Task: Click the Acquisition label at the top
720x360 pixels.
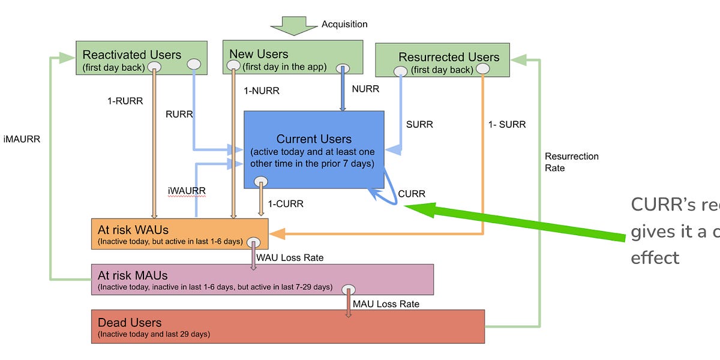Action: (344, 24)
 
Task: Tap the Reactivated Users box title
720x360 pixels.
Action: (131, 55)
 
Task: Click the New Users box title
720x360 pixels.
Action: (259, 55)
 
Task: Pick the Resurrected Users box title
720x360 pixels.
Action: (449, 57)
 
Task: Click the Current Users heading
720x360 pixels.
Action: (314, 139)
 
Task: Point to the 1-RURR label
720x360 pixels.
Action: (125, 101)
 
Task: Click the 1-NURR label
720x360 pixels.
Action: (261, 91)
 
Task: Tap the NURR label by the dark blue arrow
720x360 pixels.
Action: (365, 89)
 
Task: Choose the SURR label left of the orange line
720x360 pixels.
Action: (419, 125)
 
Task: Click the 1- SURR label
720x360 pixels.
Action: (508, 125)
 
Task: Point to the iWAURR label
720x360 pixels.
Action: (186, 191)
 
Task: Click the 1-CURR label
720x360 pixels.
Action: (286, 204)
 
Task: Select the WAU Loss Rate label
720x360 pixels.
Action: (290, 258)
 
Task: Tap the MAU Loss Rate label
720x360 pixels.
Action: (386, 304)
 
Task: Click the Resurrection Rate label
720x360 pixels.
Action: (571, 162)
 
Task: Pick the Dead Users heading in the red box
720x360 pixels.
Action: (130, 323)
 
